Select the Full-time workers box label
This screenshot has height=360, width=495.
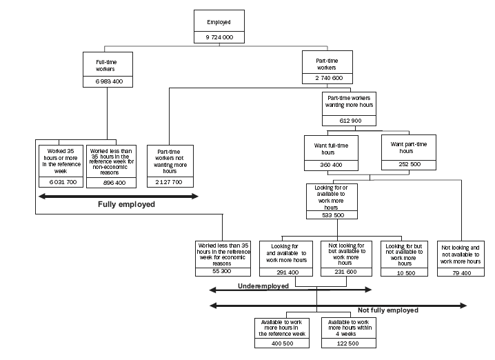(x=105, y=66)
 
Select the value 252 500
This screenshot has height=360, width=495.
(x=409, y=165)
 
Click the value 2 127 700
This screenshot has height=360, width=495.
(x=170, y=181)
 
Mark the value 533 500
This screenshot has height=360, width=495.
(x=333, y=215)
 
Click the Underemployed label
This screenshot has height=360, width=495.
(x=263, y=285)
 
